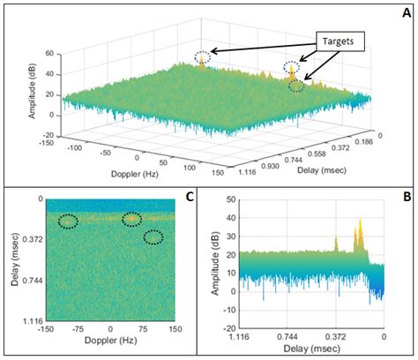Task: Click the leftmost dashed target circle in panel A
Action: pyautogui.click(x=203, y=58)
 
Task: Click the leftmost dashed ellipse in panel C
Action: pyautogui.click(x=68, y=221)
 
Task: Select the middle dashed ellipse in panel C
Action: pyautogui.click(x=131, y=219)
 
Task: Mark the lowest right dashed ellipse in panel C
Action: pyautogui.click(x=153, y=236)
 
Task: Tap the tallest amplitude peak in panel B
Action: pyautogui.click(x=360, y=221)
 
